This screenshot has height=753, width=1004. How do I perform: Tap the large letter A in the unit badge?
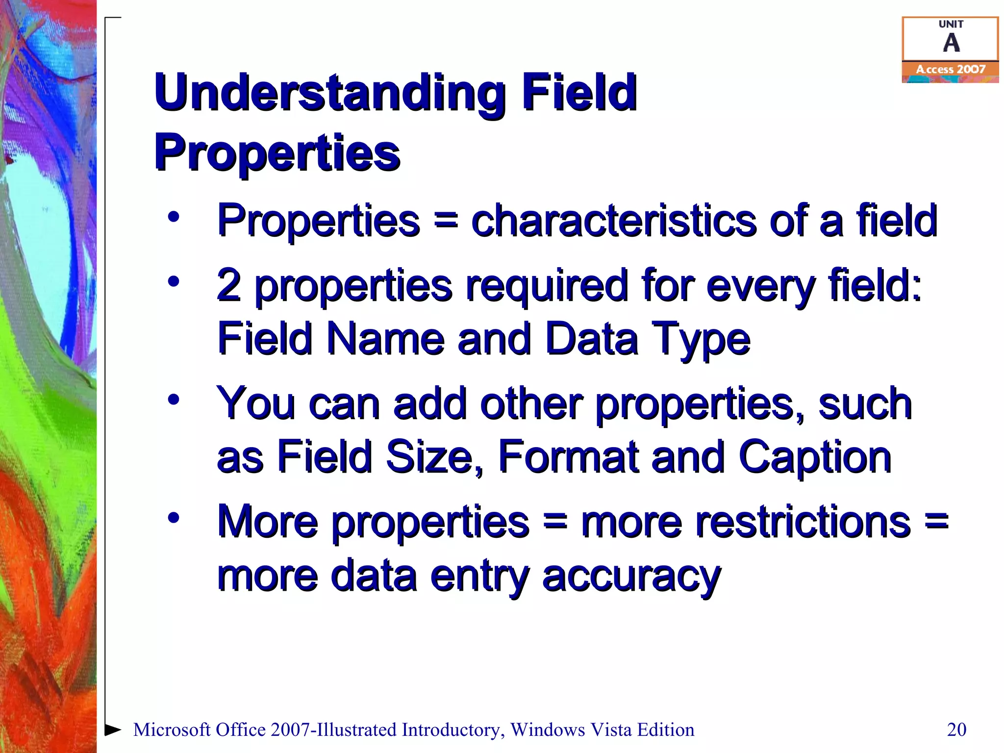951,43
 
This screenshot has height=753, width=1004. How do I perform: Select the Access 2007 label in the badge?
951,70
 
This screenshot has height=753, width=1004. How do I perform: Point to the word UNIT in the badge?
951,24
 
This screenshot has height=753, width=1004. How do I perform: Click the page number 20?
956,729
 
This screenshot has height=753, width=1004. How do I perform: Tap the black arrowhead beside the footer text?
113,729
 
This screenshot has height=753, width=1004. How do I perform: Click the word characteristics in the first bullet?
614,221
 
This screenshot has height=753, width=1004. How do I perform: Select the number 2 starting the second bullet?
229,285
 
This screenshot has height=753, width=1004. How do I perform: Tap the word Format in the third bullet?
569,457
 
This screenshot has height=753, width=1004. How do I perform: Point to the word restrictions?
746,522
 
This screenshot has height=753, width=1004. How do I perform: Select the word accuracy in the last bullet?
631,577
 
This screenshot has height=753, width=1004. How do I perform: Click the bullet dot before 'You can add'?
174,400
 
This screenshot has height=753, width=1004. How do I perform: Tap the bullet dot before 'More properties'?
174,518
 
